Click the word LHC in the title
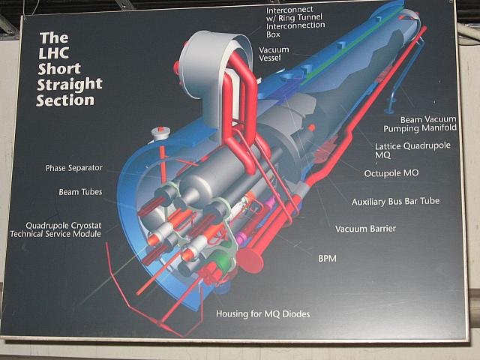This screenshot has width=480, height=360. click(53, 53)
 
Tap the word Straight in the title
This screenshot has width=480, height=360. click(70, 84)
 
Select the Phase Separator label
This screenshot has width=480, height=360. click(73, 168)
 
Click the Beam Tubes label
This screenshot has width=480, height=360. click(80, 192)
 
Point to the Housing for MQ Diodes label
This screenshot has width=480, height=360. click(263, 314)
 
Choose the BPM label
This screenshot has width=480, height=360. click(327, 259)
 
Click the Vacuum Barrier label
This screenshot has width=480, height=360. click(365, 229)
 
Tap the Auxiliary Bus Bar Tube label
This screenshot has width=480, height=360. click(395, 202)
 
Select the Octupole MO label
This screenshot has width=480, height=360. click(391, 173)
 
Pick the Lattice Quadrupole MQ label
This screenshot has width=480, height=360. click(412, 150)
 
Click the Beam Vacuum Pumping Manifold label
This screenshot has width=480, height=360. click(420, 124)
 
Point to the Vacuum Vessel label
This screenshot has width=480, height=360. click(274, 53)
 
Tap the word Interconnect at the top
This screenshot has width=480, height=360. click(289, 10)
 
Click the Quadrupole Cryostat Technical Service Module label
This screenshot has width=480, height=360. click(55, 230)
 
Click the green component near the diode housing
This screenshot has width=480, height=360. click(225, 260)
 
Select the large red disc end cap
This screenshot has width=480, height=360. click(250, 260)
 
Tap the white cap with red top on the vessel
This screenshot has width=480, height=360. click(160, 133)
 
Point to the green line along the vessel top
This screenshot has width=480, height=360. click(351, 46)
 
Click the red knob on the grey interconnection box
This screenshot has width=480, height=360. click(176, 67)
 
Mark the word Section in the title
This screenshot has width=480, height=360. click(65, 100)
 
